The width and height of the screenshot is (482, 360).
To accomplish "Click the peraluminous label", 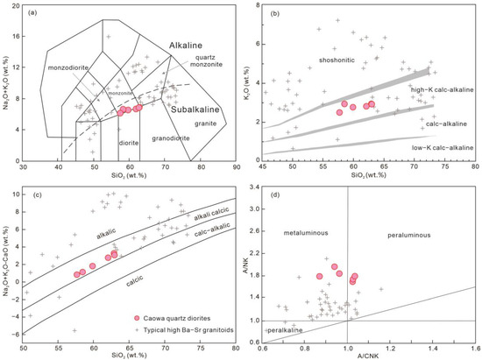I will point(409,237).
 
